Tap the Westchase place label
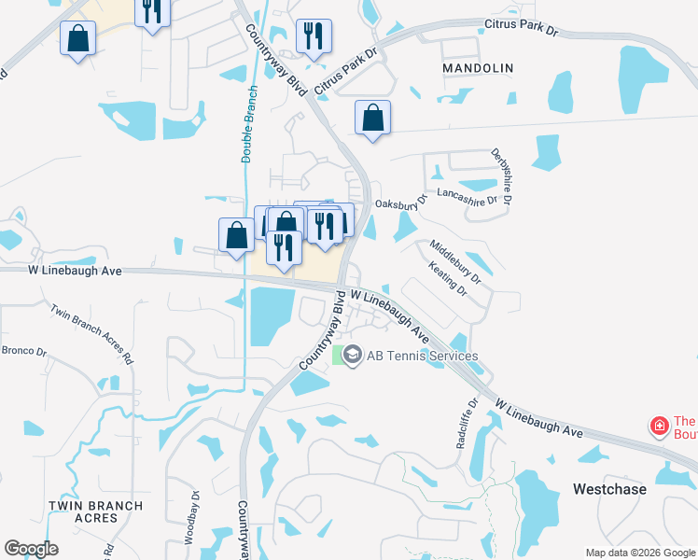[611, 489]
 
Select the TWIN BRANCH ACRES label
[96, 511]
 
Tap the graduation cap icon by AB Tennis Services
[352, 355]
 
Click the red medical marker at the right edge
[660, 427]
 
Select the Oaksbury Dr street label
[400, 203]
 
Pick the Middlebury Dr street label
[454, 262]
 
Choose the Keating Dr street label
[447, 278]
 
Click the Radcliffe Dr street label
[468, 424]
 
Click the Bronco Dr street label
[24, 352]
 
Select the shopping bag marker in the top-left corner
[78, 39]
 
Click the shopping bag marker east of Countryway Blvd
[372, 119]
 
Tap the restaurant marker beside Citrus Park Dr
[312, 36]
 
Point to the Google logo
[31, 549]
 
